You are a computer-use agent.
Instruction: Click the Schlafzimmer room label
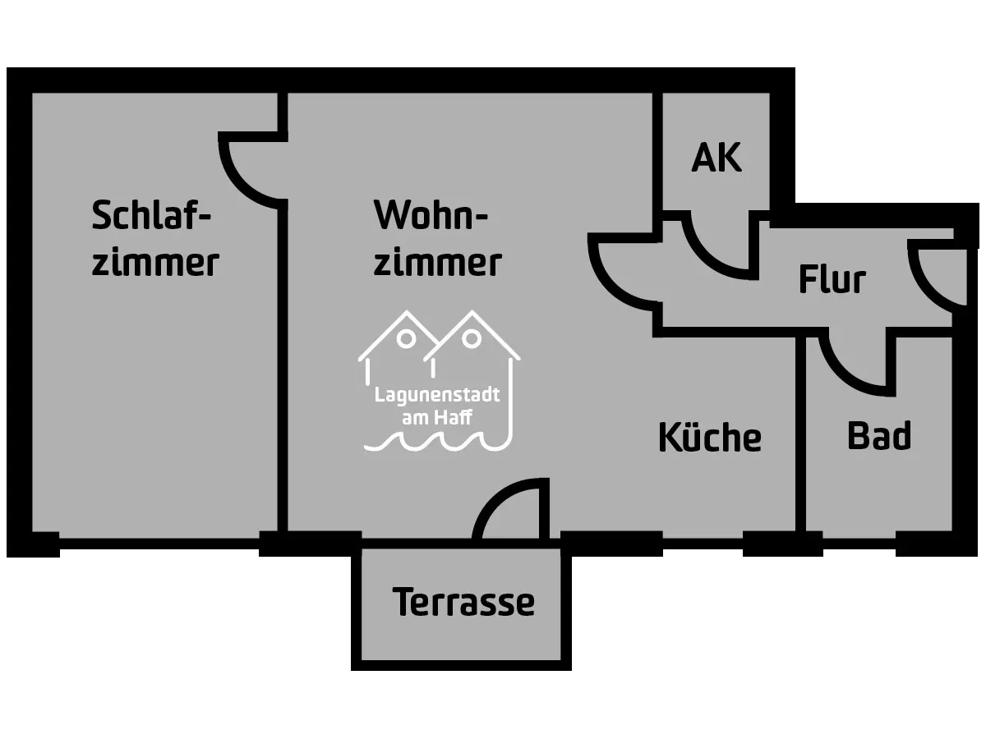(154, 239)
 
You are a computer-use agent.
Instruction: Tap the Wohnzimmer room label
(436, 239)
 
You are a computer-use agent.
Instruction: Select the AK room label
(716, 158)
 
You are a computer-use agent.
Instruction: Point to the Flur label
(832, 280)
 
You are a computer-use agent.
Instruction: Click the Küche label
(709, 438)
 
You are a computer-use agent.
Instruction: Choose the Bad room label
(878, 436)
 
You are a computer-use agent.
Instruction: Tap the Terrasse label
(463, 603)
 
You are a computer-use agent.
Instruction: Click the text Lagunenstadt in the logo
(436, 395)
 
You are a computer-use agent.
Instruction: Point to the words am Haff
(436, 418)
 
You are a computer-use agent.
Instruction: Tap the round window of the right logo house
(471, 338)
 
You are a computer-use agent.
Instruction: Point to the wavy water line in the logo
(436, 443)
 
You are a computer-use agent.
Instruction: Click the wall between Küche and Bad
(800, 435)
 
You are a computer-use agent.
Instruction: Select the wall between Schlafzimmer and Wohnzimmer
(282, 369)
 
